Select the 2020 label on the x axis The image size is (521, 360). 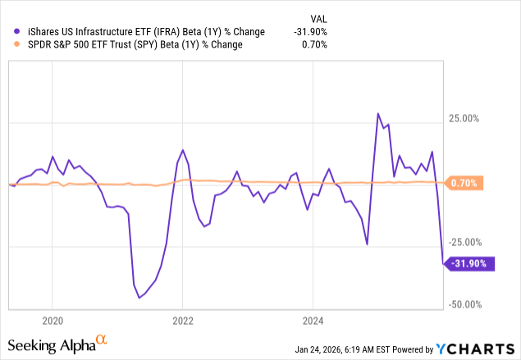coord(52,319)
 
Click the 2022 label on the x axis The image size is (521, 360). coord(182,319)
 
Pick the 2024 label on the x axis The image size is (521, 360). coord(313,319)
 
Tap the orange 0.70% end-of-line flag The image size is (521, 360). coord(466,183)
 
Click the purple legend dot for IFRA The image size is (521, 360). coord(17,32)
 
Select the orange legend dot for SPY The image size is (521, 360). coord(17,45)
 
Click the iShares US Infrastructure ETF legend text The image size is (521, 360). coord(144,32)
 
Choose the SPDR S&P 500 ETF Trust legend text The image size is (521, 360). coord(132,45)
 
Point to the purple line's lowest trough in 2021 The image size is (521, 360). coord(139,298)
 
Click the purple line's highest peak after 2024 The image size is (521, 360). coord(377,113)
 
